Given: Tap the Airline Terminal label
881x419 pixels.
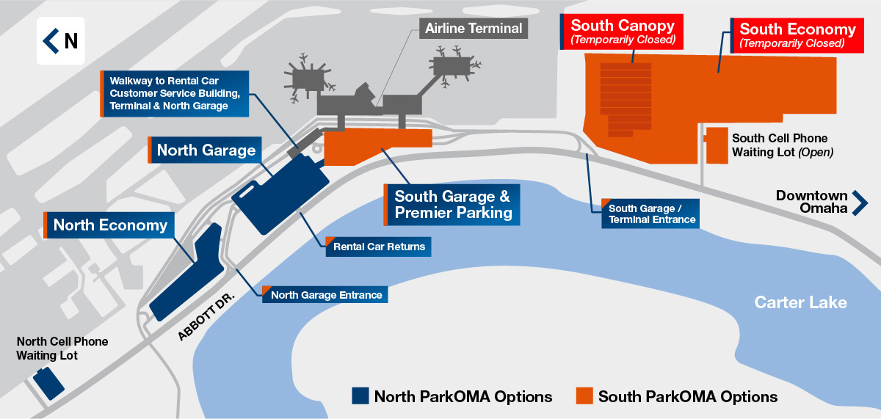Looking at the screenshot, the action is point(473,29).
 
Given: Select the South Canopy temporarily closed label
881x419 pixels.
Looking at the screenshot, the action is point(621,32).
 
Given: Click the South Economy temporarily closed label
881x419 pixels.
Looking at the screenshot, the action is point(797,35).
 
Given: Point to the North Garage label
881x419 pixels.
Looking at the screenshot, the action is point(205,150).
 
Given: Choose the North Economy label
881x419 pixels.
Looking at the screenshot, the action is point(109,225).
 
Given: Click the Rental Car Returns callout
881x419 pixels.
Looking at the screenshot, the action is point(378,247).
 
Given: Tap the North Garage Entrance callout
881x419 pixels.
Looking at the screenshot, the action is point(325,294).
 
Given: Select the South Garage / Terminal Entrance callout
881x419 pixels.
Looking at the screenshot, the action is point(650,214).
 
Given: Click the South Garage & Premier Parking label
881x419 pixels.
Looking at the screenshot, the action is point(452,205).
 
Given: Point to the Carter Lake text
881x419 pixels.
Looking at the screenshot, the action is point(800,302).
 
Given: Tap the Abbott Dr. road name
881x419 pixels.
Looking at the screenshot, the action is point(206,316).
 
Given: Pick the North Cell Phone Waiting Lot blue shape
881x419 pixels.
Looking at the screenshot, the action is point(48,383).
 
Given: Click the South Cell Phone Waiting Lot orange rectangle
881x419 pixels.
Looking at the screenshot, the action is point(717,145).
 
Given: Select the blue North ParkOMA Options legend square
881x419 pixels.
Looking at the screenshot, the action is point(360,396).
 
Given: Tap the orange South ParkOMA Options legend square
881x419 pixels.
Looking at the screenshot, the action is point(584,396).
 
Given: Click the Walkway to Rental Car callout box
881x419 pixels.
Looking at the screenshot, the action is point(175,93).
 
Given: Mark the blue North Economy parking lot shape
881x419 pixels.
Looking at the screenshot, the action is point(187,272).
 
